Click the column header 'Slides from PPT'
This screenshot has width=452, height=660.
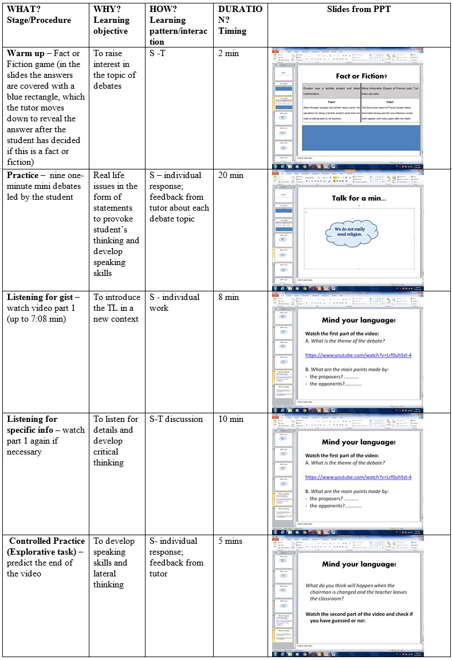359,10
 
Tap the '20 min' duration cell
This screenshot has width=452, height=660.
231,176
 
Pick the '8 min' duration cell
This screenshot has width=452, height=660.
229,298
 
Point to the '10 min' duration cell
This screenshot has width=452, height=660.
231,420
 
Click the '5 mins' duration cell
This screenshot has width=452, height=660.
231,542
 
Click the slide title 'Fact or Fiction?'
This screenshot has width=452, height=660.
361,76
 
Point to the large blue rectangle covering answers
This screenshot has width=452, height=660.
361,138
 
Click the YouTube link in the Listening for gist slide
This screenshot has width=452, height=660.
358,355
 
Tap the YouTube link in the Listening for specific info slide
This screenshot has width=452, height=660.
358,477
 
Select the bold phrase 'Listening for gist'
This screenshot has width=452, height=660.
40,298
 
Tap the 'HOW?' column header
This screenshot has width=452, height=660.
163,10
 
